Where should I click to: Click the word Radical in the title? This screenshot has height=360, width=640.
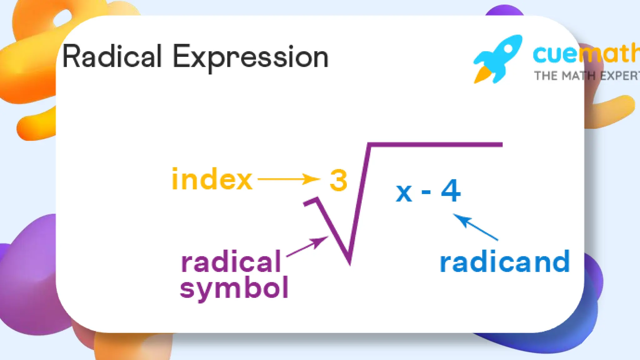pos(112,57)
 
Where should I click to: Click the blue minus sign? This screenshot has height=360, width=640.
pos(426,192)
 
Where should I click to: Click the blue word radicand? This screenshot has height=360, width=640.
pos(504,262)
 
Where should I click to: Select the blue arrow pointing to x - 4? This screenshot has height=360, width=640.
pos(475,227)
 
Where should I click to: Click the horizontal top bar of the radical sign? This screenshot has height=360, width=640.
pos(434,145)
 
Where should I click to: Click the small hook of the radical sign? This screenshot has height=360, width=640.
pos(311,202)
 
